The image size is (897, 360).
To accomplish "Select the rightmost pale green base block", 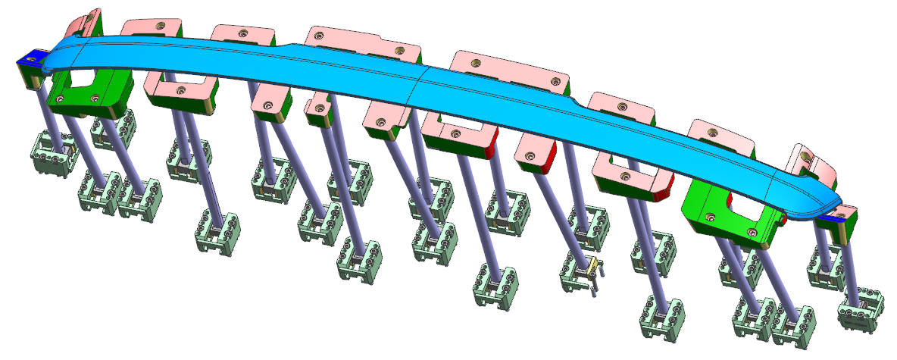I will click(x=861, y=310).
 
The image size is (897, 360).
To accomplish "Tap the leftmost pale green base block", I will click(x=55, y=154).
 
